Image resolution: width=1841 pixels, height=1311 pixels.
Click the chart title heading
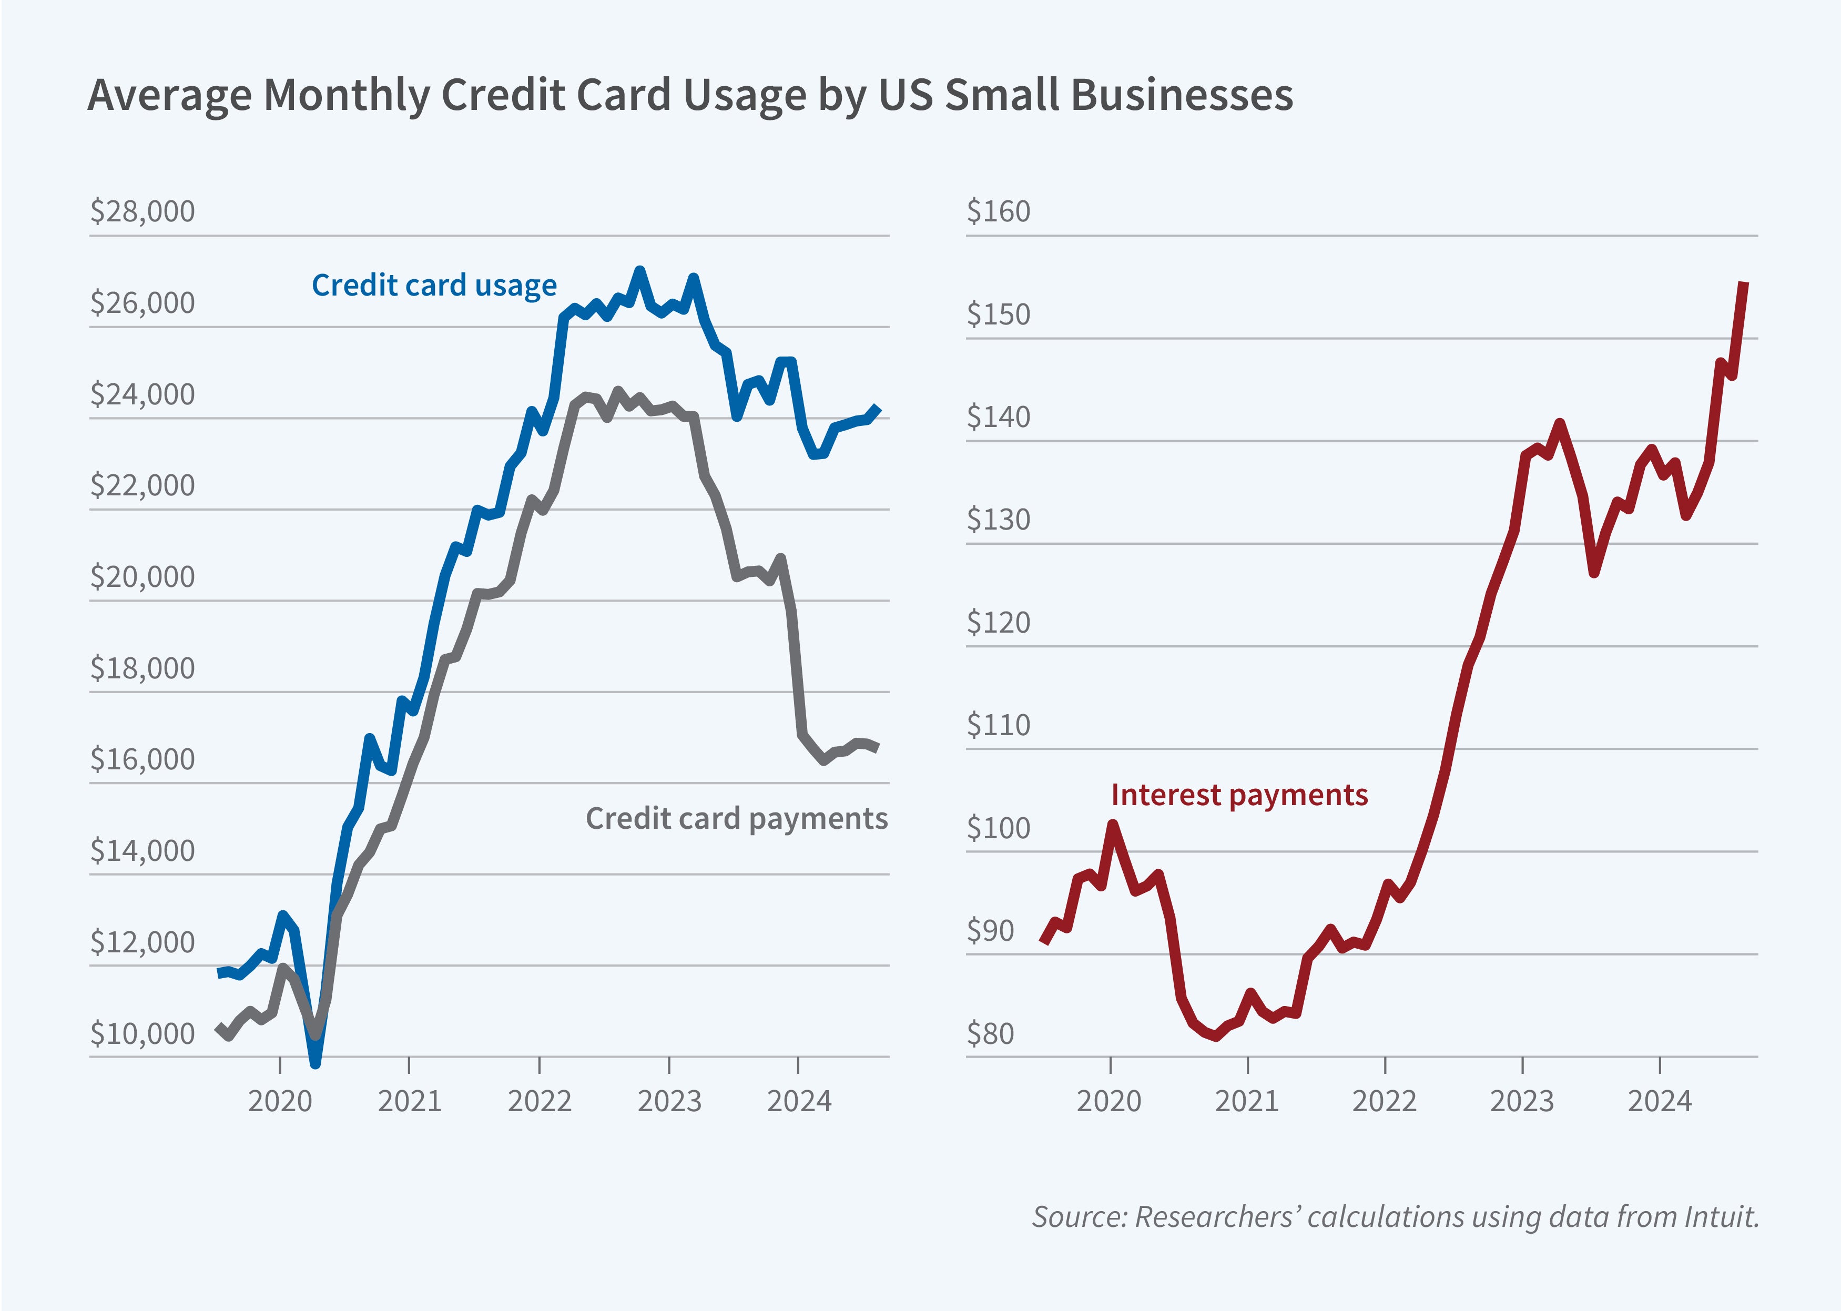690,95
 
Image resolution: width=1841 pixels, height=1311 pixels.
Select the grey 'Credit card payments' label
736,819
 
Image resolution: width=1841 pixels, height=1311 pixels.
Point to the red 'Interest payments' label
1239,795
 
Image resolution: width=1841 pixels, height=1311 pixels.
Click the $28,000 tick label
142,211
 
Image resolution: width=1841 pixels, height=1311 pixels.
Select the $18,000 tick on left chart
142,668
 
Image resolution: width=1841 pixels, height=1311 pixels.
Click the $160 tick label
999,211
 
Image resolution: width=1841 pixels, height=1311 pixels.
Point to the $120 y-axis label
999,623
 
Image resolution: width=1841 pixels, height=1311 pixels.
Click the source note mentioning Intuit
1395,1216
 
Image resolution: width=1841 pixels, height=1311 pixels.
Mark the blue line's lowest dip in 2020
316,1062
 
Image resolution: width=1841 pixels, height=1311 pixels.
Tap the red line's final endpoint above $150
1744,283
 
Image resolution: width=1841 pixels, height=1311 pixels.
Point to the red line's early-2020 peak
1113,824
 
